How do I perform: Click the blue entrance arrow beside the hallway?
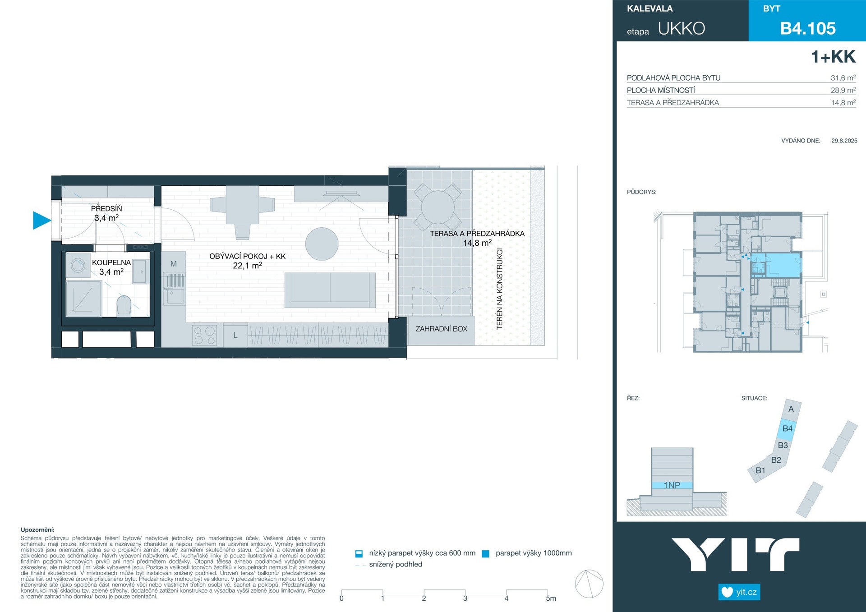[41, 220]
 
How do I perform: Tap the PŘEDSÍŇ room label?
[106, 208]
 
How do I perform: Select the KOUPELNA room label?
[111, 262]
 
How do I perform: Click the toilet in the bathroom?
[124, 305]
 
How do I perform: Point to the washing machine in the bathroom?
[78, 265]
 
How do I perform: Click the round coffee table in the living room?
[322, 244]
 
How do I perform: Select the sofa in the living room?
[330, 290]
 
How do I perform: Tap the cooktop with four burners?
[205, 336]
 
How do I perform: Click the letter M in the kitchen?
[174, 264]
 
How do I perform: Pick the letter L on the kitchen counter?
[235, 336]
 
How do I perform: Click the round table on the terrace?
[438, 207]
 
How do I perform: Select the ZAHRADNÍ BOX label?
[441, 329]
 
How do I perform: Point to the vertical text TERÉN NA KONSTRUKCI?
[499, 289]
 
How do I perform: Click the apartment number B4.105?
[808, 28]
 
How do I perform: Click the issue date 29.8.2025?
[844, 141]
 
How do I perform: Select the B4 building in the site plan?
[788, 428]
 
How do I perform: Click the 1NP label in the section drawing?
[672, 485]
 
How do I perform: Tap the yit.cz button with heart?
[739, 592]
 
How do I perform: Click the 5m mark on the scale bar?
[551, 598]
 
